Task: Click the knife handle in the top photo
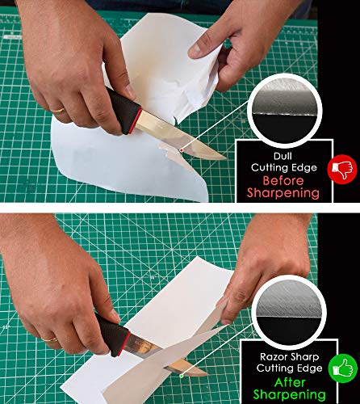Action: [112, 112]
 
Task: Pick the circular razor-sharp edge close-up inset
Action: [290, 307]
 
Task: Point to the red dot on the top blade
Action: [183, 149]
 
